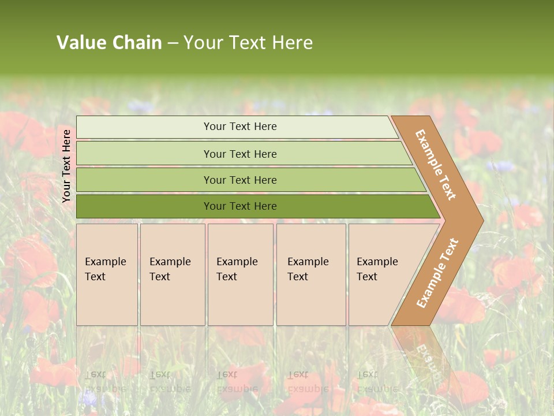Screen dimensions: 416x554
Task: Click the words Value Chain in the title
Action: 109,43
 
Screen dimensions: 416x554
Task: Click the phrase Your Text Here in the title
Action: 248,43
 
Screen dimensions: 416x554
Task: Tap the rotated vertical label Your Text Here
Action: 66,166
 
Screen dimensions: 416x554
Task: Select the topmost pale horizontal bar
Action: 237,127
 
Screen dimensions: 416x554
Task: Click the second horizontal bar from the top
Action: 242,154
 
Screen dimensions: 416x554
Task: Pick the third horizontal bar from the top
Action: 248,180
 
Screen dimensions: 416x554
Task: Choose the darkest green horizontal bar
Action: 254,206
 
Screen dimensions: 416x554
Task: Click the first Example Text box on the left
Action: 107,274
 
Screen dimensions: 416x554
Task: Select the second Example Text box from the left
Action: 172,274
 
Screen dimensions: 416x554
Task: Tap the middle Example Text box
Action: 240,274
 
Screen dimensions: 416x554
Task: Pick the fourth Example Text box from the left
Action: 310,274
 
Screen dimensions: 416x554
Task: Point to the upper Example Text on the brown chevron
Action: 436,165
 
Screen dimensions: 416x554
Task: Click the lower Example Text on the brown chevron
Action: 437,273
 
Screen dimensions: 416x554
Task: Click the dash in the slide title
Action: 173,43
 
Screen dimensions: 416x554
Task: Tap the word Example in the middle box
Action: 237,262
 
